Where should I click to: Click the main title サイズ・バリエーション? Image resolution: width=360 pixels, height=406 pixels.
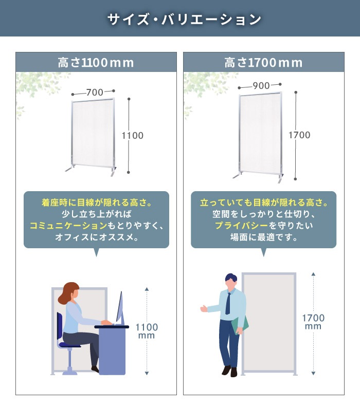pos(184,20)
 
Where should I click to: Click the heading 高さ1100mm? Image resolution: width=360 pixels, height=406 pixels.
pos(96,63)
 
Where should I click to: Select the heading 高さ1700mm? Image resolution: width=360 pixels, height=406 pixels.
pos(264,63)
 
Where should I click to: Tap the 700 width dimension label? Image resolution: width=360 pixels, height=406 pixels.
pos(95,92)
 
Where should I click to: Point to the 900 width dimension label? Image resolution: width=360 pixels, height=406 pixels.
pos(261,86)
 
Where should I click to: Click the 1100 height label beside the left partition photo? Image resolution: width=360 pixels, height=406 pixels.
pos(133,136)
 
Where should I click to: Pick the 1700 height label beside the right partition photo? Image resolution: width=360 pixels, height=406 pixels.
pos(299,135)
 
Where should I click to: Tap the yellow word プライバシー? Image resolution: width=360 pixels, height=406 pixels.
pos(242,226)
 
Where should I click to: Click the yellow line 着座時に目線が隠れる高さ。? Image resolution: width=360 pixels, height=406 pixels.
pos(96,202)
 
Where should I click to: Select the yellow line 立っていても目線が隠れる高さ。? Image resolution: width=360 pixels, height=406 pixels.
pos(264,202)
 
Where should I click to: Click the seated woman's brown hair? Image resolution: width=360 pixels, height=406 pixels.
pos(68,293)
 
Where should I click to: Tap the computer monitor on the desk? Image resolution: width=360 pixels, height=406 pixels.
pos(120,308)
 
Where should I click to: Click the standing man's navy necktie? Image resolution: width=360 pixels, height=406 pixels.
pos(228,303)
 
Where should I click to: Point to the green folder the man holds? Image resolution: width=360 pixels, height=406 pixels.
pos(240,326)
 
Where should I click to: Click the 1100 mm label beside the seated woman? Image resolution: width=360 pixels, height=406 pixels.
pos(147,331)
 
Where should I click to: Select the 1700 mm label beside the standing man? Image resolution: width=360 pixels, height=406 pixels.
pos(313,322)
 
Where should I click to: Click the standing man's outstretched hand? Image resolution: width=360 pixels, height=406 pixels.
pos(204,308)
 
